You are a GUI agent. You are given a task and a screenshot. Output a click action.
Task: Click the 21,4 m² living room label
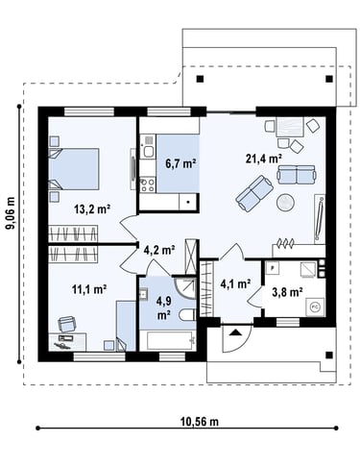click(264, 159)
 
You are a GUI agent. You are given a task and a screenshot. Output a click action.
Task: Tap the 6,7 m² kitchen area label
click(180, 163)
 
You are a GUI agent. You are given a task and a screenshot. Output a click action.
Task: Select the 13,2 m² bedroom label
click(92, 209)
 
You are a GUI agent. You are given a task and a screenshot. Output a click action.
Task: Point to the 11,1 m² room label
click(89, 289)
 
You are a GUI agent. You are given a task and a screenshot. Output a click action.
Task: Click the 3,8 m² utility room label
click(287, 292)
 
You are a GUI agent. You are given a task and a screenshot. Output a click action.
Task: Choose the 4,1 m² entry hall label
click(236, 283)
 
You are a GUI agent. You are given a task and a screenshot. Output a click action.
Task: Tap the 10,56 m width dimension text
click(200, 422)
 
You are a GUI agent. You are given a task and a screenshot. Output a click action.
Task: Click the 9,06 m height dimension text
click(11, 213)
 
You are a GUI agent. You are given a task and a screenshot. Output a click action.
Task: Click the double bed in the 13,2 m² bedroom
click(74, 168)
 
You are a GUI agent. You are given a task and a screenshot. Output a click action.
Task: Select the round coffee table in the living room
click(285, 202)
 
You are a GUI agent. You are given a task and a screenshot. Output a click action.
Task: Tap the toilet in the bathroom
click(187, 315)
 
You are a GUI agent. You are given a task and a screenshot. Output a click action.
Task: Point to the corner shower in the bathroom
click(185, 288)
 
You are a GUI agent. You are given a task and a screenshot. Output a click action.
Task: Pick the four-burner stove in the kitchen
click(147, 185)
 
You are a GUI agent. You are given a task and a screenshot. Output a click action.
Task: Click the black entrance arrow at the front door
click(236, 332)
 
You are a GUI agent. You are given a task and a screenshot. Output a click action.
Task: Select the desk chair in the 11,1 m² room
click(66, 324)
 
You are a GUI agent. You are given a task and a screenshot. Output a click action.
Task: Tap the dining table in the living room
click(290, 127)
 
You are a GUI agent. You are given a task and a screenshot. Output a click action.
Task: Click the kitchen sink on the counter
click(148, 151)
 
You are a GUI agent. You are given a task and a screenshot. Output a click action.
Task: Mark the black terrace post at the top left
click(200, 79)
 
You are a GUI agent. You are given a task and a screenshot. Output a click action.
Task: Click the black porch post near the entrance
click(328, 355)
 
